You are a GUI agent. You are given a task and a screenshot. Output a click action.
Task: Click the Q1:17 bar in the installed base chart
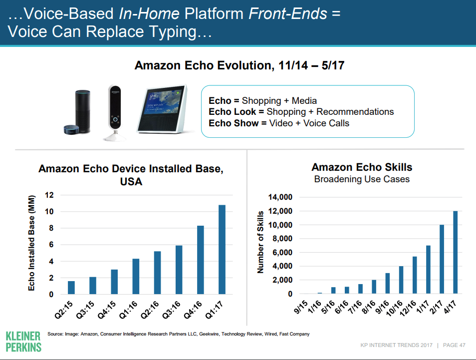pyautogui.click(x=223, y=250)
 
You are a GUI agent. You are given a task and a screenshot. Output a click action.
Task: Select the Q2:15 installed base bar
pyautogui.click(x=71, y=288)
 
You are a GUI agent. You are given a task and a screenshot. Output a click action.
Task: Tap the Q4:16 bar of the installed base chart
pyautogui.click(x=201, y=260)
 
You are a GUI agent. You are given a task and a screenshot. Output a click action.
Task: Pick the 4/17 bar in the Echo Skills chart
pyautogui.click(x=455, y=252)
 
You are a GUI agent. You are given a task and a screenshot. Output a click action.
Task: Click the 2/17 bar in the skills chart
pyautogui.click(x=442, y=259)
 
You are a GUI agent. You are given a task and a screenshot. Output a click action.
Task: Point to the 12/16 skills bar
pyautogui.click(x=414, y=275)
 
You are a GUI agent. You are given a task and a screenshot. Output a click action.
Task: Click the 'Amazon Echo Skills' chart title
pyautogui.click(x=362, y=167)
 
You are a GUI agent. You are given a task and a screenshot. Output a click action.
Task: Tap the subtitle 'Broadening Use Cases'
pyautogui.click(x=362, y=179)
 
